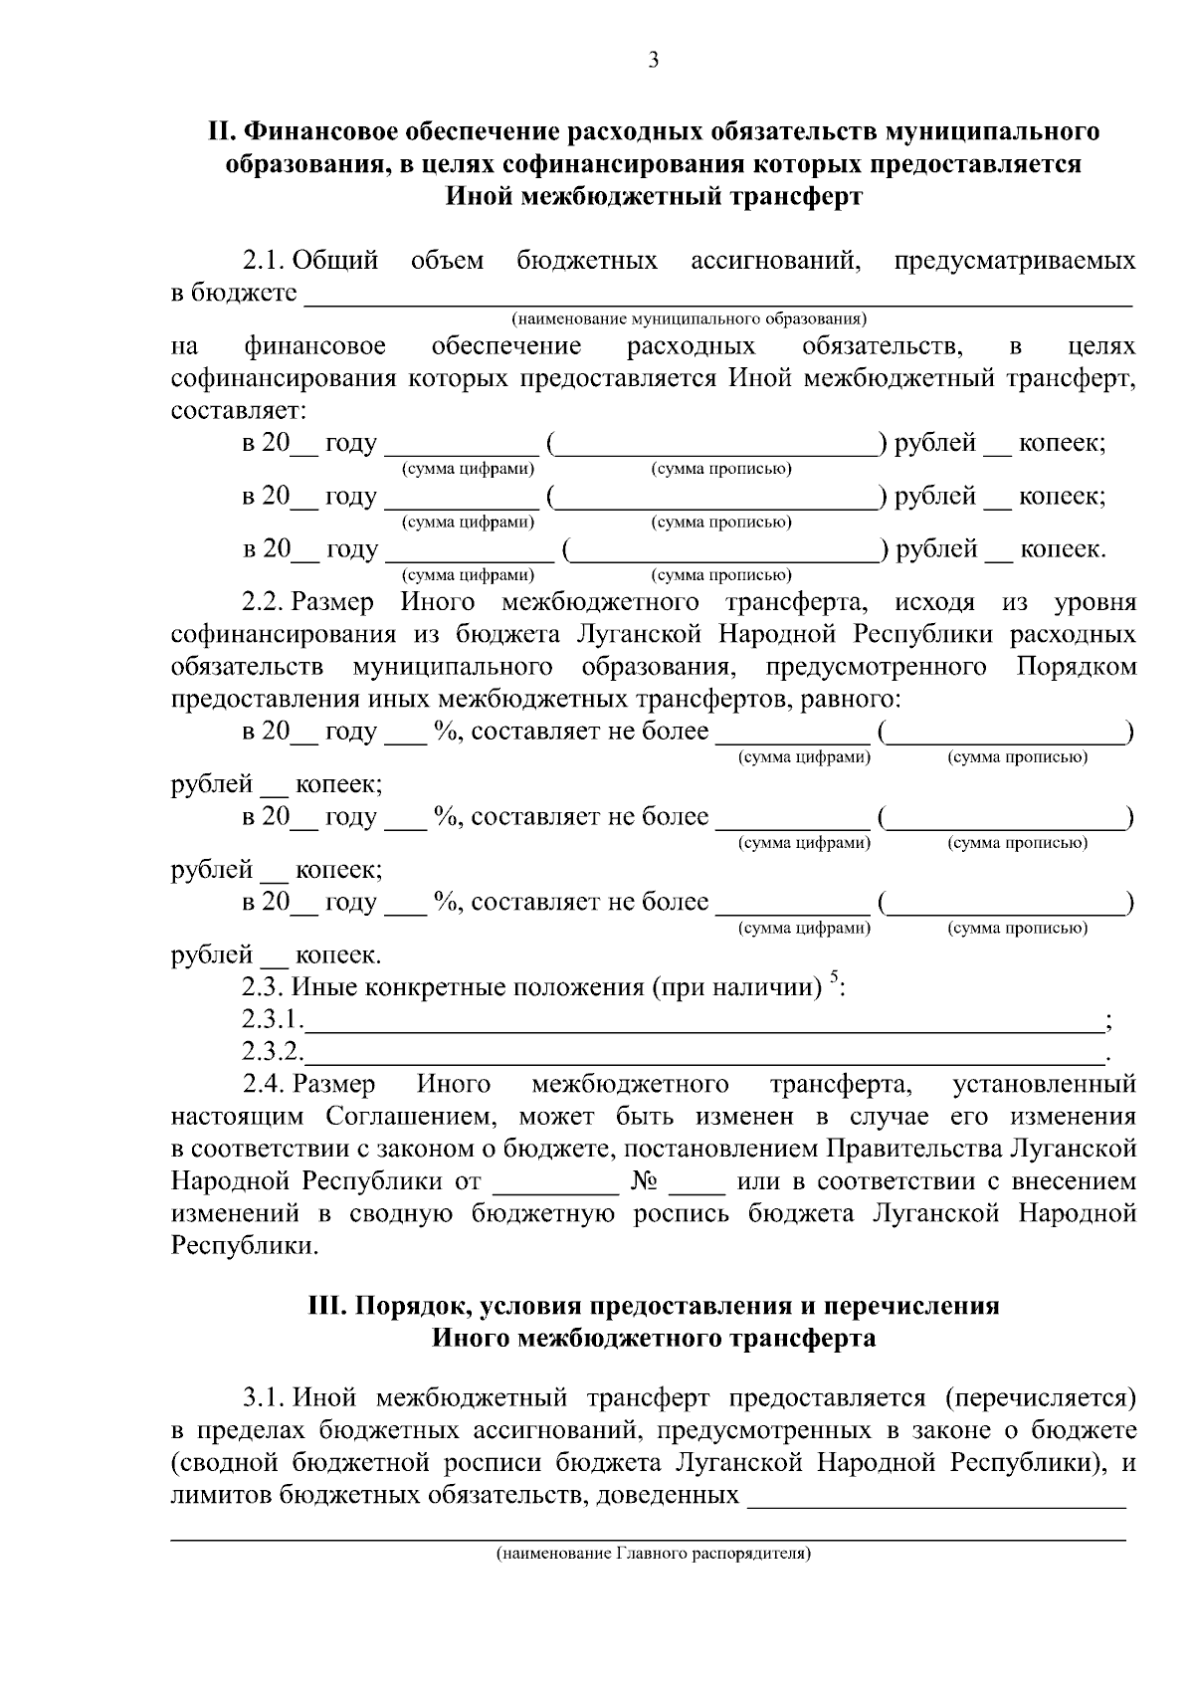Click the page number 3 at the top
(x=653, y=61)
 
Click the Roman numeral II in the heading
(x=216, y=131)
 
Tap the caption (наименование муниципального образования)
(x=689, y=319)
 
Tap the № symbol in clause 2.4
(x=643, y=1182)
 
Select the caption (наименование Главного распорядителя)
(x=654, y=1553)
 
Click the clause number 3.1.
(x=265, y=1398)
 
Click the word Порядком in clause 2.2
(x=1076, y=667)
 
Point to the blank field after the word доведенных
(x=935, y=1497)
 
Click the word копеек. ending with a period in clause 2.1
(x=1063, y=549)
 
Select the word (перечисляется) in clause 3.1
(x=1040, y=1398)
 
